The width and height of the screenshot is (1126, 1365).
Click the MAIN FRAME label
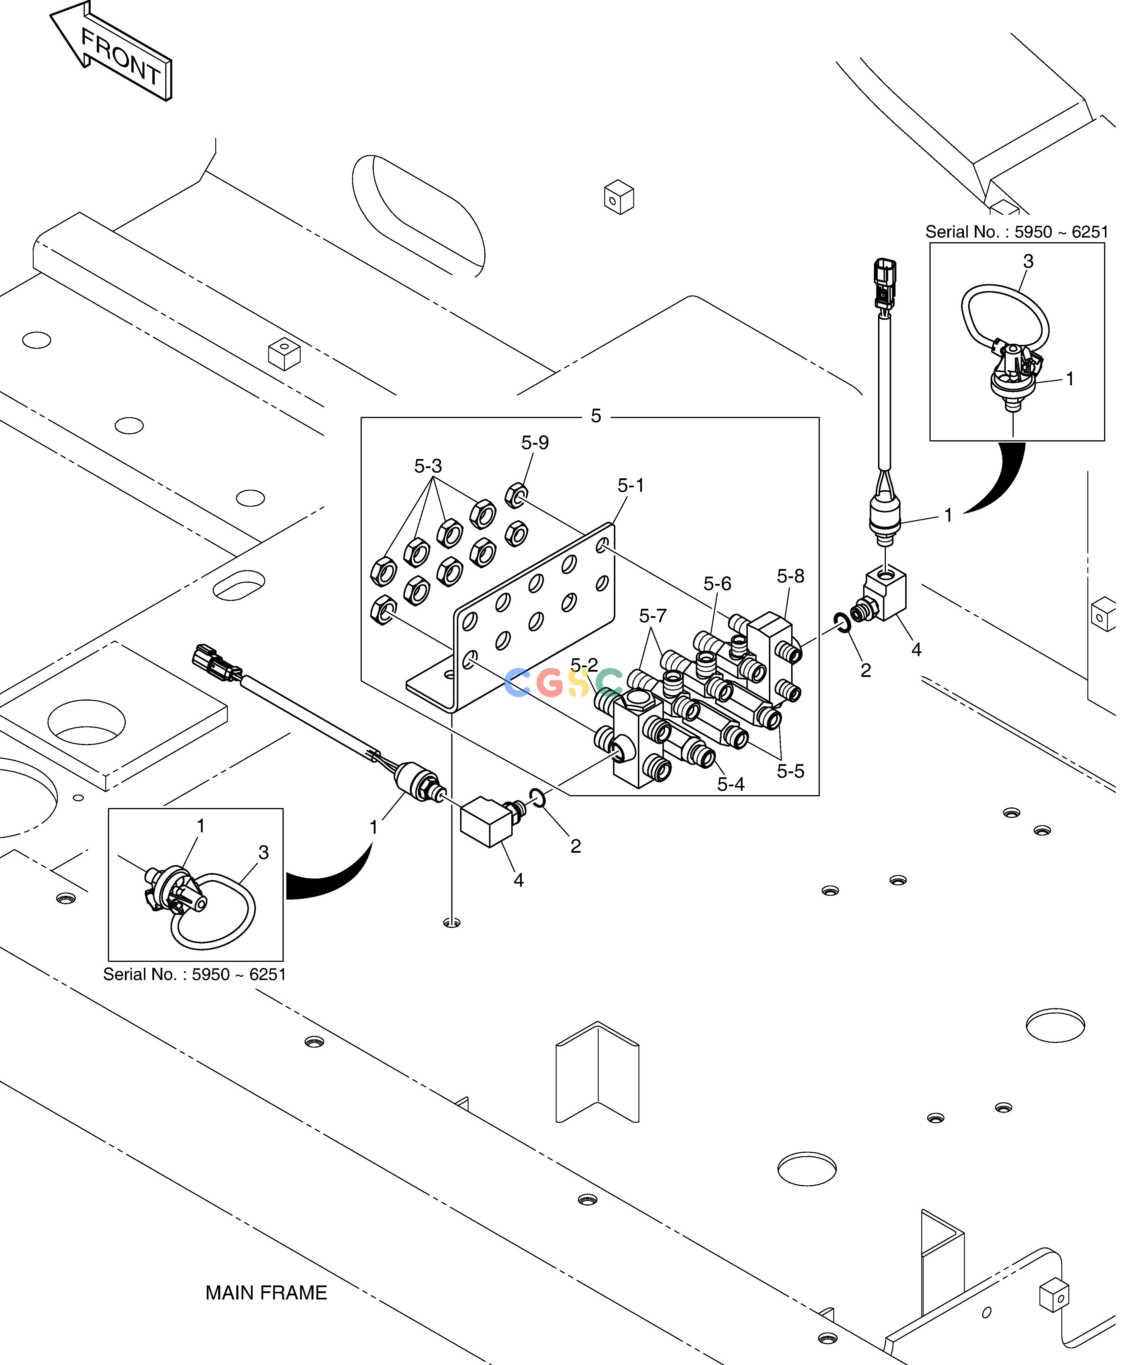266,1293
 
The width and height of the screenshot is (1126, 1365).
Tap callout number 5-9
535,442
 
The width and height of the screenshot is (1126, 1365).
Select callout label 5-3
428,466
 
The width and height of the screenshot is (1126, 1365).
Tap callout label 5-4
731,784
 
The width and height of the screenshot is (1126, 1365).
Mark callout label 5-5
791,771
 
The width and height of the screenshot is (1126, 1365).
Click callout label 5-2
584,665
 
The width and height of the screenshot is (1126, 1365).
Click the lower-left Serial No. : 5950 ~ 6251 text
194,974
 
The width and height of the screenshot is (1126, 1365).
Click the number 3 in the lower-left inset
263,852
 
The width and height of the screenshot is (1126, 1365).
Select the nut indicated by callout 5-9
516,496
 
